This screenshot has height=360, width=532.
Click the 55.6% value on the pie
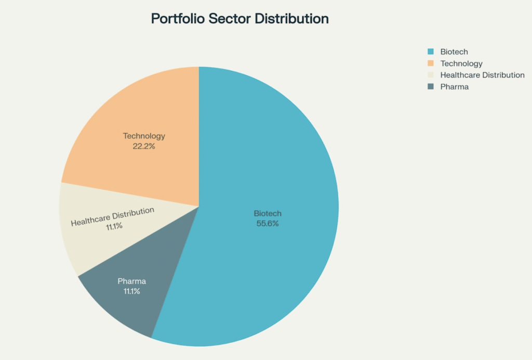[x=268, y=223]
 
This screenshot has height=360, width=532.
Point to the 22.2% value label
[x=144, y=146]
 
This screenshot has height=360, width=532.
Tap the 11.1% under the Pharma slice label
[x=131, y=291]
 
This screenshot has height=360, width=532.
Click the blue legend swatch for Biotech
[x=430, y=52]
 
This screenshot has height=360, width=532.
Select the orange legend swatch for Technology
[x=430, y=63]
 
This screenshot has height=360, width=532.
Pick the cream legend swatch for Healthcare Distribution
[x=430, y=75]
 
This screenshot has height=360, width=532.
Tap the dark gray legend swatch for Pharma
[x=430, y=87]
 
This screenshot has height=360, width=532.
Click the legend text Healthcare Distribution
[x=482, y=75]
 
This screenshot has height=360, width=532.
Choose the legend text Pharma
[x=454, y=87]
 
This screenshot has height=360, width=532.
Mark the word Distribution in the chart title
[x=292, y=19]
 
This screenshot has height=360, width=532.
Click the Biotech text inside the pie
[x=268, y=214]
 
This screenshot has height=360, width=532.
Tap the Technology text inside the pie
[x=144, y=136]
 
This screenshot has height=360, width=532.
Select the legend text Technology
[x=461, y=63]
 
